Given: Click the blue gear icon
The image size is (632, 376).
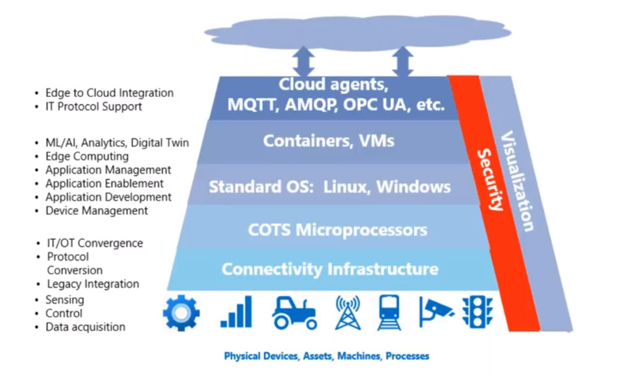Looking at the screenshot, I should coord(181,313).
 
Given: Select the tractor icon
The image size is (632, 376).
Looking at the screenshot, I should coord(293,313).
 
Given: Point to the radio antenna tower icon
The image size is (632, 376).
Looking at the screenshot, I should coord(347,313).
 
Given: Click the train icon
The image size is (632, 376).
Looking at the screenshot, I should coord(389,313).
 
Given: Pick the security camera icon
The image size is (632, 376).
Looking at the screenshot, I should coord(435,313).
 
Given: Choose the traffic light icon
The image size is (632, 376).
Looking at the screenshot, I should coord(477,313).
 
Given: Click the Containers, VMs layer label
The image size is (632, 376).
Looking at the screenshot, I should coord(329,141).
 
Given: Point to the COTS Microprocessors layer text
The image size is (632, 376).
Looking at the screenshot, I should coord(338,230).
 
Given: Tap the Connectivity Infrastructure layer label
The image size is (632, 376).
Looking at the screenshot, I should coord(330,268).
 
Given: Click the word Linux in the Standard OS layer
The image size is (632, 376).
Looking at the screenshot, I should coord(347,187).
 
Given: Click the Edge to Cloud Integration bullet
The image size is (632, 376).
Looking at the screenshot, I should coord(109,93).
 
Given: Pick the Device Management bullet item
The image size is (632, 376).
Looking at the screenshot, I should coord(97,211).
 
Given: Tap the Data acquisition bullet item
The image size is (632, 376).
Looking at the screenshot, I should coord(85,327).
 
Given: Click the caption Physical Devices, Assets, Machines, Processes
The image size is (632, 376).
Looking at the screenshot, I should coord(326,356).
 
